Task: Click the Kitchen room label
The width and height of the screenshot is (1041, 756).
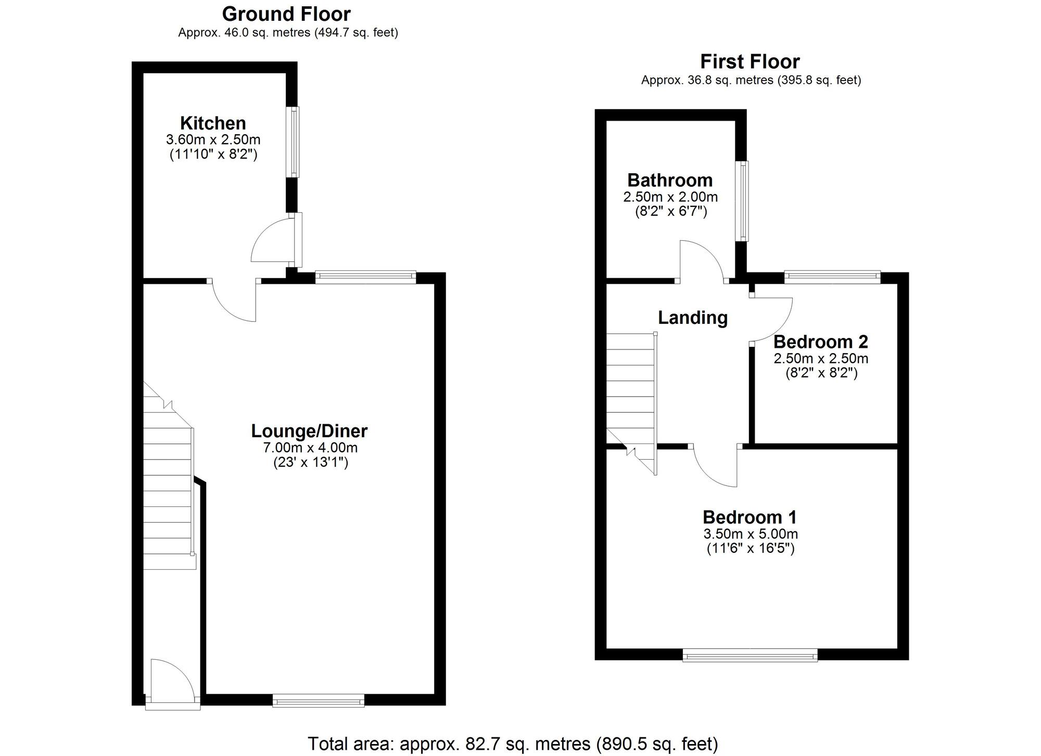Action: click(213, 123)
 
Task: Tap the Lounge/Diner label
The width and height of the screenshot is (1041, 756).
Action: click(309, 431)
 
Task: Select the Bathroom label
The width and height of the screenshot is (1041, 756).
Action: click(670, 180)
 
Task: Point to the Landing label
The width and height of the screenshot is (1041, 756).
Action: click(692, 318)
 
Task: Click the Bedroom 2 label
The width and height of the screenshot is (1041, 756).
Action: click(821, 342)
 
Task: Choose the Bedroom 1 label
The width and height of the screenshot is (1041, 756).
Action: click(750, 517)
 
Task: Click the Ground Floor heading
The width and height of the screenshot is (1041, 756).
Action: click(286, 14)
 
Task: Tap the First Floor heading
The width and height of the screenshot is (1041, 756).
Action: click(750, 62)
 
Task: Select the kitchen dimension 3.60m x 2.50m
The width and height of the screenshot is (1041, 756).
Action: click(213, 140)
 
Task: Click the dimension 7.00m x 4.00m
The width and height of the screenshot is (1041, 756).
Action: click(310, 448)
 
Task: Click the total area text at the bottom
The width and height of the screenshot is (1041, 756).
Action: click(513, 744)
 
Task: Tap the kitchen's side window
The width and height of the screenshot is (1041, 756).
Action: click(295, 142)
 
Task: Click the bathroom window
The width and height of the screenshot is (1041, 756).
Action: click(744, 201)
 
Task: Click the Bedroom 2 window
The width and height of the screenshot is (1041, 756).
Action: click(832, 277)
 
